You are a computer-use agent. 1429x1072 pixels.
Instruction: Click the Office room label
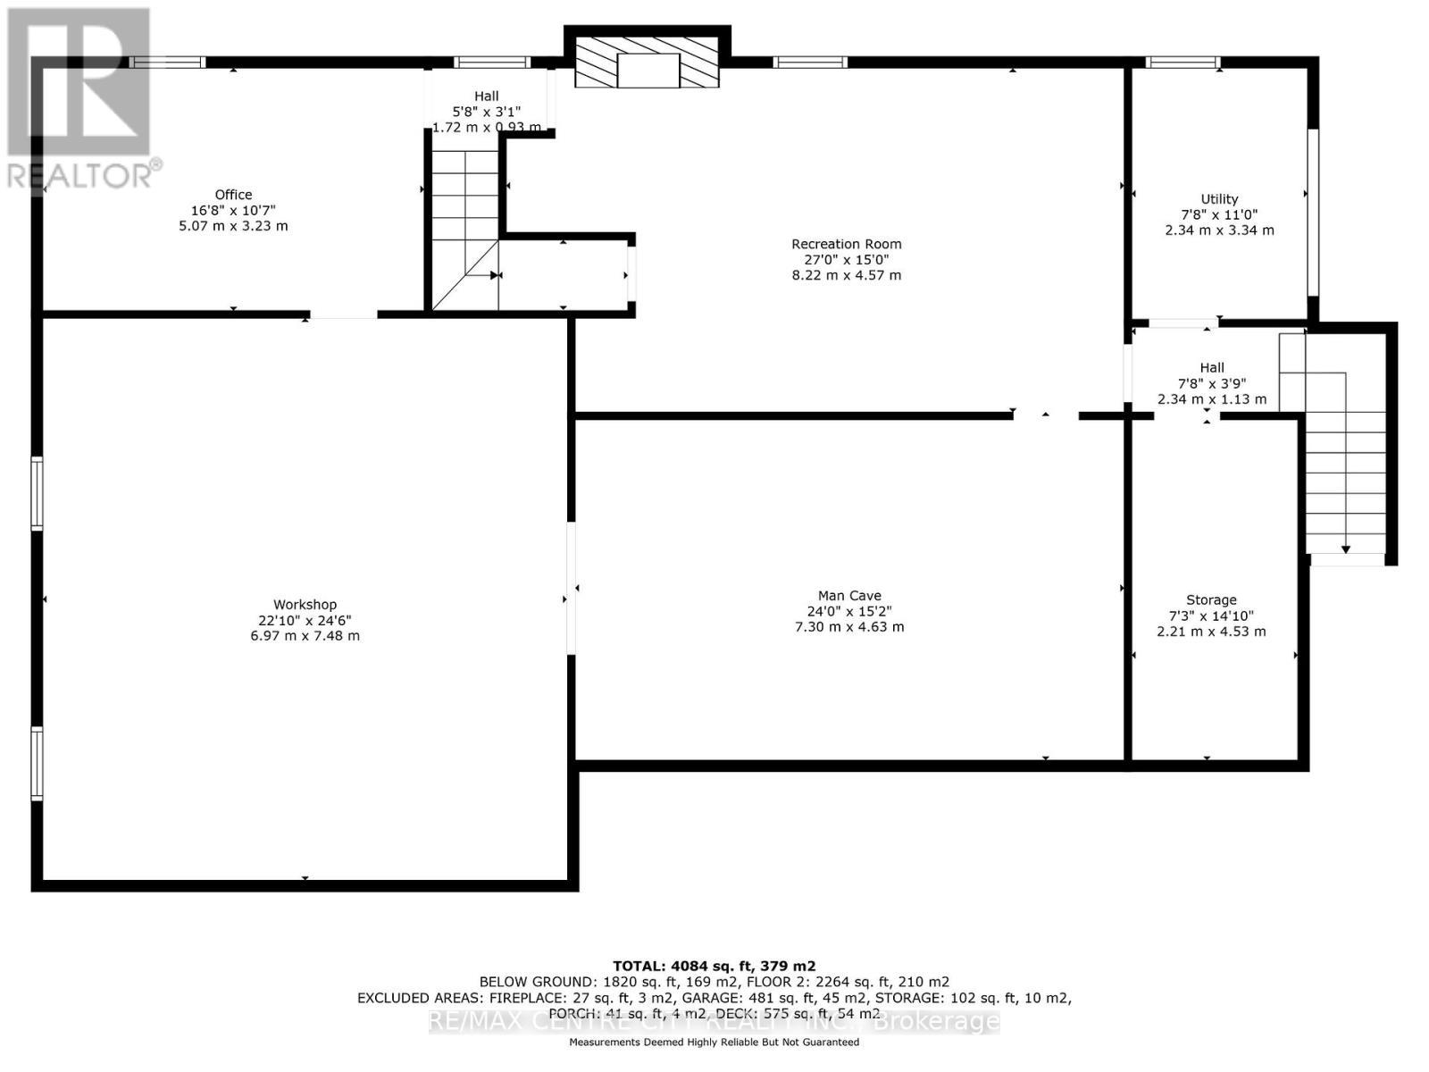coord(233,195)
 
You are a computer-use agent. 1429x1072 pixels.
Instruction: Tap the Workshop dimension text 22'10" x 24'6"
coord(305,620)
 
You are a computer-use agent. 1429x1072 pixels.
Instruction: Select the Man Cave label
coord(848,596)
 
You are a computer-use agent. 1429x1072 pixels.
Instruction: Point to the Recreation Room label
coord(846,244)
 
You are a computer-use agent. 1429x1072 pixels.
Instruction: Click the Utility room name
coord(1219,199)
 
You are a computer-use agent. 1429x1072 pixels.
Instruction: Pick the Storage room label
coord(1211,600)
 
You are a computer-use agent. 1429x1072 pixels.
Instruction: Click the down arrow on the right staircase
coord(1346,549)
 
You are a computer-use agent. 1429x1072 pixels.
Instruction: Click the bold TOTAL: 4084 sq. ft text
coord(714,966)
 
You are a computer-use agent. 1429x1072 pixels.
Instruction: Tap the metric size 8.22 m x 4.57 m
coord(846,275)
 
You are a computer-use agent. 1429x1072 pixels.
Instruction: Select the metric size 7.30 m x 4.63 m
coord(848,627)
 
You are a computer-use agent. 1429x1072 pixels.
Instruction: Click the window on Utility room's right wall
coord(1313,213)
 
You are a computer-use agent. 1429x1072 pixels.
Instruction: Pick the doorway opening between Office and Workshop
coord(343,314)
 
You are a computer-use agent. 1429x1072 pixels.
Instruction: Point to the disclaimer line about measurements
coord(714,1043)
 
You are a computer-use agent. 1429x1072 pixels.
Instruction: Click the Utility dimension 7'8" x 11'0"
coord(1219,214)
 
